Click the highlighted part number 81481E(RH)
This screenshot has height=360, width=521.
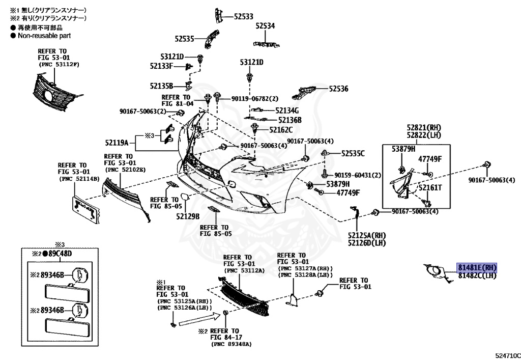tap(476, 268)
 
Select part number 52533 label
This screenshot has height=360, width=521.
tap(244, 17)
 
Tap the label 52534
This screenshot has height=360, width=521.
tap(265, 25)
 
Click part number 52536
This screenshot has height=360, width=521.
tap(338, 89)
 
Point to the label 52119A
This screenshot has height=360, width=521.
tap(117, 143)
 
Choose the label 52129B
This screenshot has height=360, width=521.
tap(188, 216)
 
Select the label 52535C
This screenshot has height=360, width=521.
tap(353, 153)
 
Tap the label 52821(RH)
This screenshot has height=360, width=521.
tap(423, 127)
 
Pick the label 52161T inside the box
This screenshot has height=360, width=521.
tap(430, 187)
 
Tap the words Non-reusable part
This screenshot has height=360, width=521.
tap(44, 36)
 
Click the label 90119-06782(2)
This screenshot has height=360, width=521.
tap(255, 99)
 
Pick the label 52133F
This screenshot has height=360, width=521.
tap(161, 66)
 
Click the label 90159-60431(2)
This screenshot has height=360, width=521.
tap(357, 175)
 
